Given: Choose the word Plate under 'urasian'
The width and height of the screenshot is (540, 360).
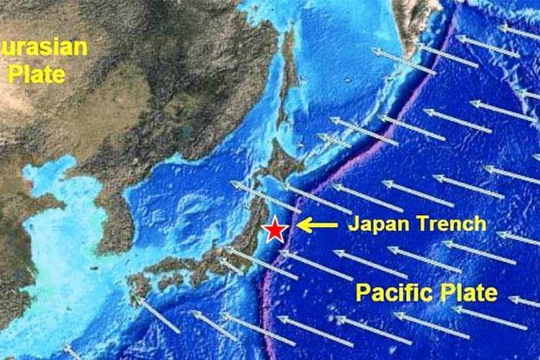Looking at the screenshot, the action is coord(35,74).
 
